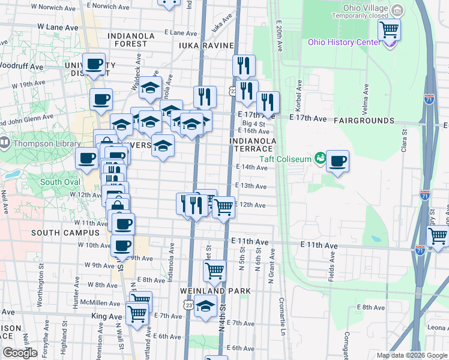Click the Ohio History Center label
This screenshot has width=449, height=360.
[344, 42]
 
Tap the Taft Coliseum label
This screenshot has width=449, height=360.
[285, 159]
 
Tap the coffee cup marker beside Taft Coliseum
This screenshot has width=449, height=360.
[338, 161]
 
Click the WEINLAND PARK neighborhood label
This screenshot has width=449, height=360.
[215, 290]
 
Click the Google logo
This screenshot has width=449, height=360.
[20, 353]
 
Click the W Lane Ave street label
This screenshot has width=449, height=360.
[58, 28]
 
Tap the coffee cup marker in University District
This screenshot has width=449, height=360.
[94, 64]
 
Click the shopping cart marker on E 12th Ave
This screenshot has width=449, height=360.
[224, 208]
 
